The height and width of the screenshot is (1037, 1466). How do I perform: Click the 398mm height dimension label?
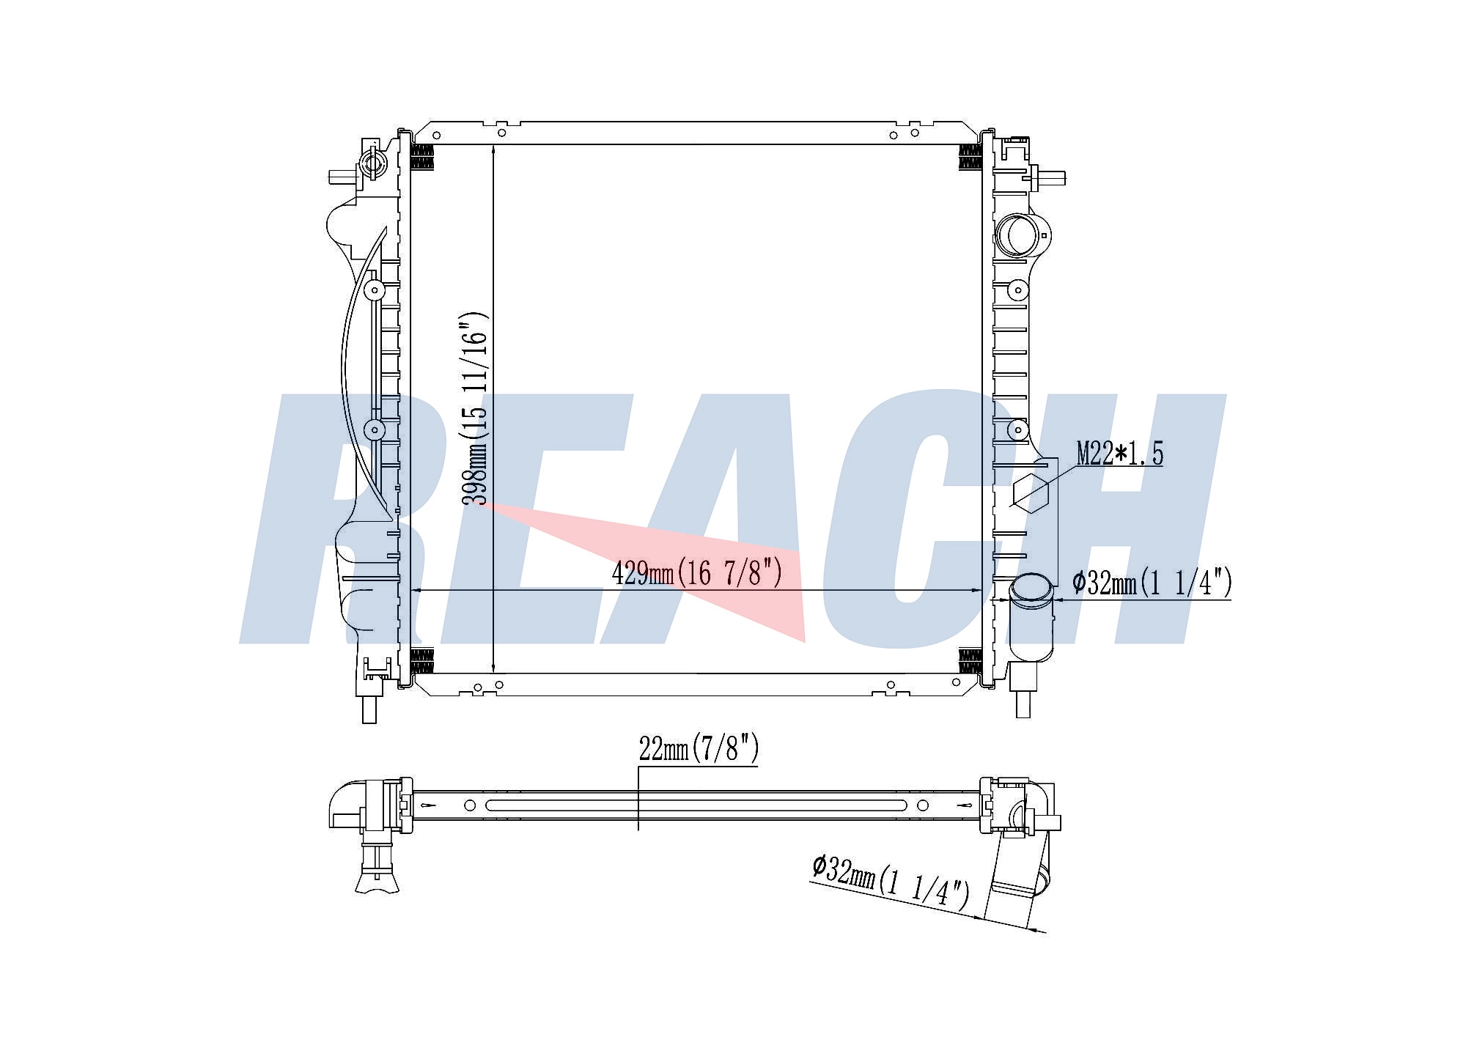474,410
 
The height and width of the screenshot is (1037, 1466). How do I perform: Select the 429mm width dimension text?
697,572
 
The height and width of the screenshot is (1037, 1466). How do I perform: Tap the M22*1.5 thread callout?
1119,454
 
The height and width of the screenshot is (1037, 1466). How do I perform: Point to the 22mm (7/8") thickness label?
699,749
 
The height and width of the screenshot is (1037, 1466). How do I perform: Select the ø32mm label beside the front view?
1152,583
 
